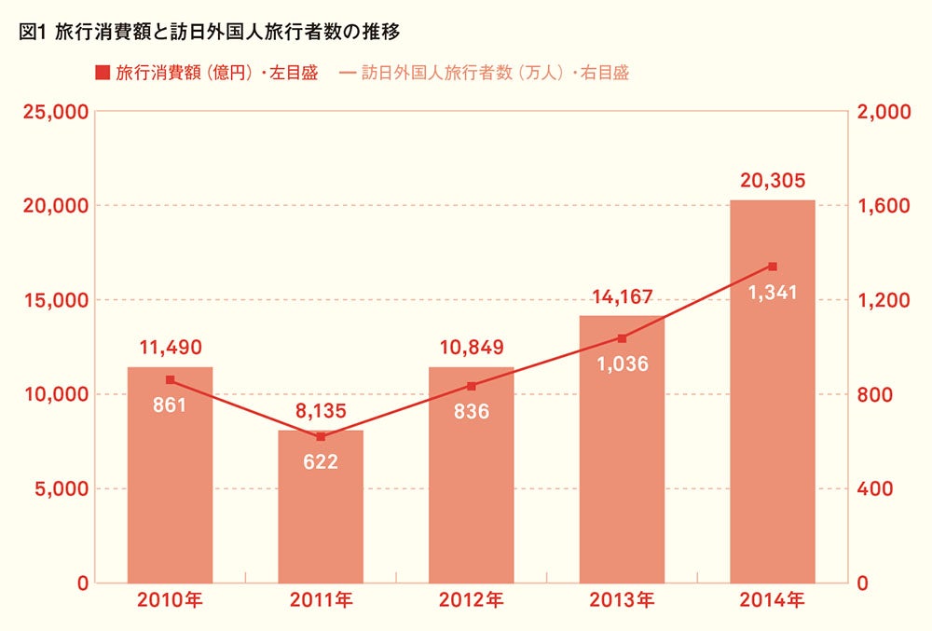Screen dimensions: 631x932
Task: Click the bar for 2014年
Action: tap(772, 391)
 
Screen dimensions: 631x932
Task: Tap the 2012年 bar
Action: tap(471, 475)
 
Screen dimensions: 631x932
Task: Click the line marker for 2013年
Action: tap(622, 338)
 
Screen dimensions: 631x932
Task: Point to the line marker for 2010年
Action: tap(170, 379)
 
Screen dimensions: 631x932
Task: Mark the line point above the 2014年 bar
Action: tap(773, 267)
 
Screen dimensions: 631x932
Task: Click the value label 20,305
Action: tap(773, 181)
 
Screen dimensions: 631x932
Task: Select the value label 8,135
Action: tap(321, 411)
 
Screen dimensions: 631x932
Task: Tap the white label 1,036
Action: tap(622, 364)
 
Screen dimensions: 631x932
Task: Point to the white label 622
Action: tap(321, 461)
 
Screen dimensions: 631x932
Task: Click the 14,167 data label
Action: tap(622, 297)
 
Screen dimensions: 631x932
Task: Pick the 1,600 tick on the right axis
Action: tap(881, 206)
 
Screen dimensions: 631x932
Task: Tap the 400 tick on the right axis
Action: tap(874, 489)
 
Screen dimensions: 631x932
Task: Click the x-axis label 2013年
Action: tap(622, 601)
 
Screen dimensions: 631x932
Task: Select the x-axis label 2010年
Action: tap(170, 601)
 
